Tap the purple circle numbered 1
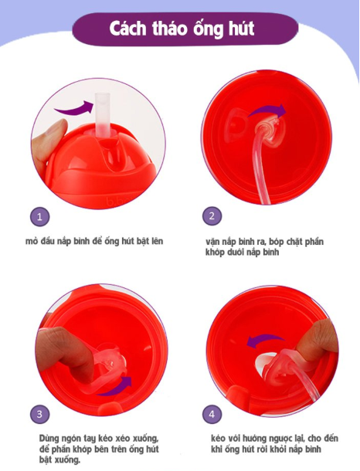tap(41, 217)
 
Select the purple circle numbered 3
tap(41, 415)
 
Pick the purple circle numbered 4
tap(212, 415)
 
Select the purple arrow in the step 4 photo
tap(260, 340)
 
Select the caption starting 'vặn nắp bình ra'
tap(264, 247)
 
